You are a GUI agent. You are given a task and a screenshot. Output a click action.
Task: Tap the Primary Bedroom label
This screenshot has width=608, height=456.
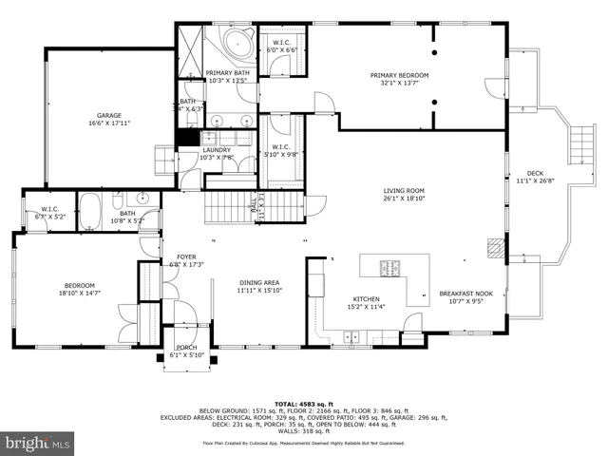click(x=399, y=75)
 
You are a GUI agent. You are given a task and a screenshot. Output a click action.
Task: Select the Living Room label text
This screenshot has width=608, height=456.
click(x=404, y=190)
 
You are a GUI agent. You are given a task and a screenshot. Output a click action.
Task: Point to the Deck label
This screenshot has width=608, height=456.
click(x=536, y=173)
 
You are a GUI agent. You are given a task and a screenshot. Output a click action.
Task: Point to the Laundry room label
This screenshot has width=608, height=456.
click(x=216, y=150)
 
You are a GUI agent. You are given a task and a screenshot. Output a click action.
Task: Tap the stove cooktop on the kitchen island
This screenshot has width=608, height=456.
click(x=389, y=266)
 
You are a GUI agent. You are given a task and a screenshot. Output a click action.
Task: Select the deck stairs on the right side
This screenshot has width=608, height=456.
click(x=578, y=147)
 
